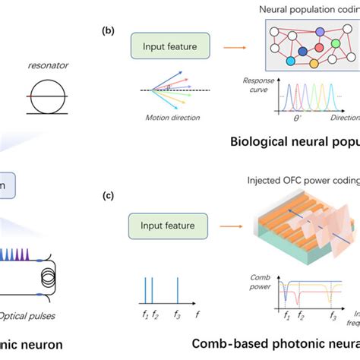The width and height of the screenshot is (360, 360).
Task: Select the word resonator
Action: [x=47, y=66]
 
